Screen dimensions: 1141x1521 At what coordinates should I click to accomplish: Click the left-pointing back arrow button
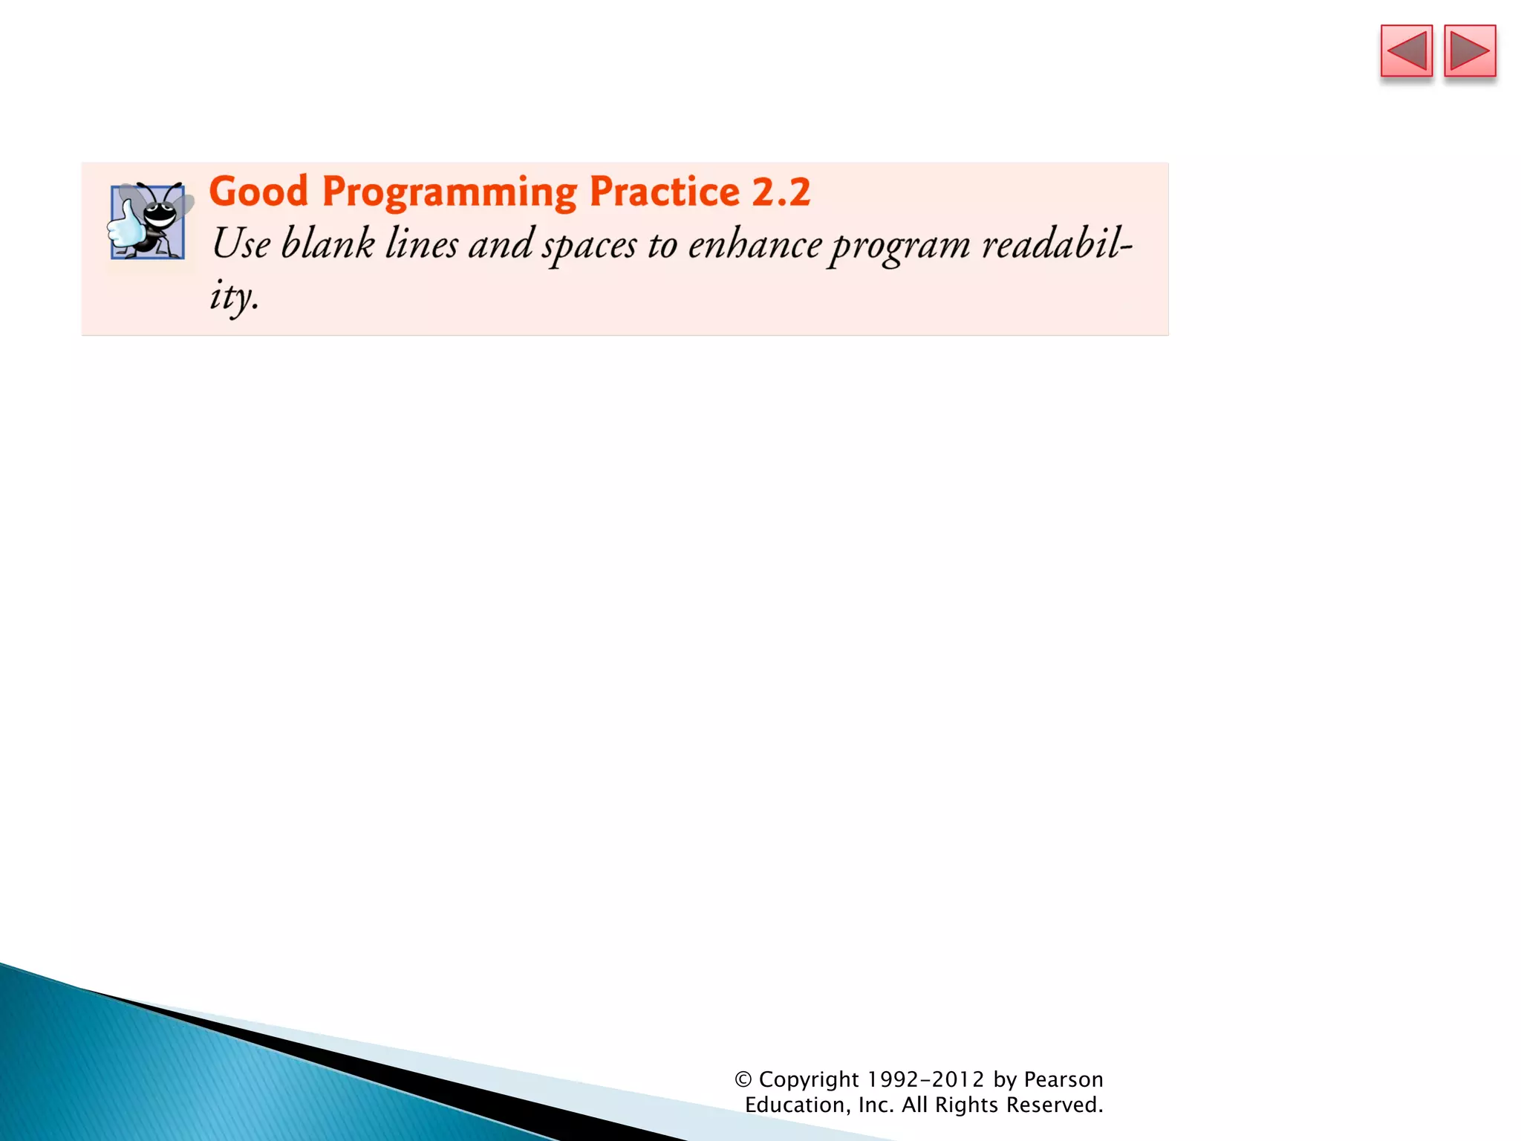pyautogui.click(x=1406, y=51)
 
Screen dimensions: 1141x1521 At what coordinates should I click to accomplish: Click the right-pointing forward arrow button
pyautogui.click(x=1470, y=51)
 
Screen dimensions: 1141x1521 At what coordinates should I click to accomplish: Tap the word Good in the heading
pyautogui.click(x=258, y=192)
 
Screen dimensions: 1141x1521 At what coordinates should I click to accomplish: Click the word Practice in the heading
pyautogui.click(x=664, y=192)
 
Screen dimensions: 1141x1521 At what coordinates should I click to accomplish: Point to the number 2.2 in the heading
pyautogui.click(x=781, y=192)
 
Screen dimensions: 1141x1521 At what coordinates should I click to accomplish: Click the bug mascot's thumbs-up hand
pyautogui.click(x=126, y=226)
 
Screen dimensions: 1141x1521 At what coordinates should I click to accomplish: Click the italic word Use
pyautogui.click(x=241, y=244)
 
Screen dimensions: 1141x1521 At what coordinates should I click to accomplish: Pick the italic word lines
pyautogui.click(x=421, y=244)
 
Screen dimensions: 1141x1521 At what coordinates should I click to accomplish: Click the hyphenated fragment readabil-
pyautogui.click(x=1057, y=244)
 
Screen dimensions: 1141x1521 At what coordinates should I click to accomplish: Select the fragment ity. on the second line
pyautogui.click(x=234, y=296)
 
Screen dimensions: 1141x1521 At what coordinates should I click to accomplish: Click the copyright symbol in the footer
pyautogui.click(x=743, y=1079)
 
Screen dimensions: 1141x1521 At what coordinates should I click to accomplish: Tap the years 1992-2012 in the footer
pyautogui.click(x=925, y=1079)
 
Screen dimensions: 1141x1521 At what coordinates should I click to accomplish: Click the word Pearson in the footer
pyautogui.click(x=1063, y=1079)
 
